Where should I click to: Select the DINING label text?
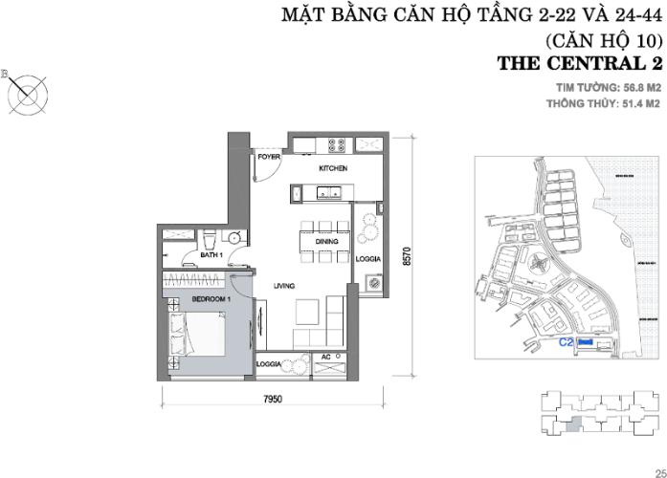[326, 243]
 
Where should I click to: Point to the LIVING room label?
[282, 286]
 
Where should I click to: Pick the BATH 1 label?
[211, 255]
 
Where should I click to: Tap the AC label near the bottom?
[326, 357]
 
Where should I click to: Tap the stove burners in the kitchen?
[337, 146]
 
